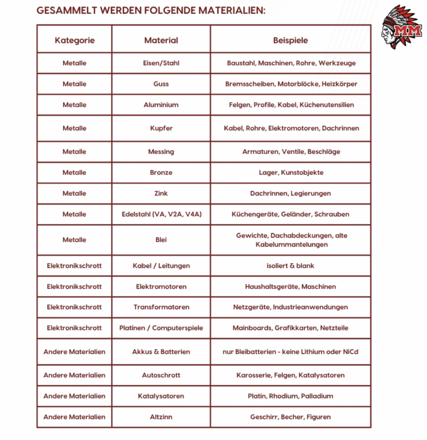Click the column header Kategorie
click(75, 40)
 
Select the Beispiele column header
click(290, 40)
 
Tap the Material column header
click(161, 40)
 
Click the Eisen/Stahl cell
click(161, 63)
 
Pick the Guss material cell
click(161, 84)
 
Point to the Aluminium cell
click(161, 105)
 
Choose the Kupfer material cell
click(161, 128)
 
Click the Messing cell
click(161, 152)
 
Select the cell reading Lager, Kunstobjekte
click(291, 172)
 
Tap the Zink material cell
click(161, 193)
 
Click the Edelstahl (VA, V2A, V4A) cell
click(161, 214)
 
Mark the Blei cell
click(161, 240)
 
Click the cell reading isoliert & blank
click(290, 266)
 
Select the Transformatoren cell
click(161, 307)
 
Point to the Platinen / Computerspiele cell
click(161, 328)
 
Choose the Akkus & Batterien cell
click(161, 351)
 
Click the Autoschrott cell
click(161, 375)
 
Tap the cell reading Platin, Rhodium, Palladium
click(290, 396)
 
